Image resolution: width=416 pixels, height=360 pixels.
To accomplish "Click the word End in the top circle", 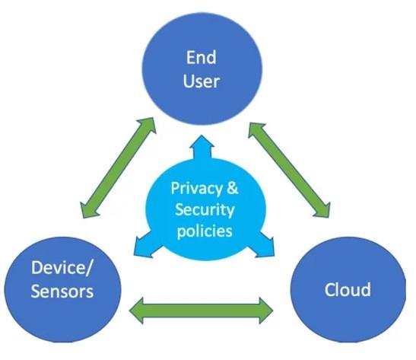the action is coord(201,57).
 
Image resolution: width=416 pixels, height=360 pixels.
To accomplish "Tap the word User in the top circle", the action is coord(201,81).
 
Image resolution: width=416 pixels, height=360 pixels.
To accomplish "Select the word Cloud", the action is coord(348,289).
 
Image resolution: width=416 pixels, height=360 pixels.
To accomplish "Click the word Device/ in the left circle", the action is coord(62,267).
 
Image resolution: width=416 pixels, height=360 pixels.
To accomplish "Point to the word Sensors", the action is coord(62,291).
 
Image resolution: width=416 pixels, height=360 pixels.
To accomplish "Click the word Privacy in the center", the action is coord(196,189).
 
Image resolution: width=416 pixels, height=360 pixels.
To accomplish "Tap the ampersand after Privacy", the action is coord(233,188).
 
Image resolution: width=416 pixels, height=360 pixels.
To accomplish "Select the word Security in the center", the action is coord(205,210).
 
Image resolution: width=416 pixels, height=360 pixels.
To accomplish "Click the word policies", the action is coord(205,231).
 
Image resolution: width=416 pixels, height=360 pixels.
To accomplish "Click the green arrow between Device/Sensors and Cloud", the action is coord(201,311).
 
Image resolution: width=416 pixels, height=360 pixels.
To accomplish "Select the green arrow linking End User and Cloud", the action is coord(290,170).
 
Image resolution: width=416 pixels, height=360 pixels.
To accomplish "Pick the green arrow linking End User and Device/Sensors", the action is coord(119,167).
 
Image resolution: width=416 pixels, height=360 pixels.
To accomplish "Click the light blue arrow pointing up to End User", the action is coord(202,148).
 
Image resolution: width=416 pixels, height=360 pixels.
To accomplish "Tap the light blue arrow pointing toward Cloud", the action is coord(262,245).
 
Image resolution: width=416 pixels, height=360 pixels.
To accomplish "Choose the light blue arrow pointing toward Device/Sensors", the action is coord(145,246).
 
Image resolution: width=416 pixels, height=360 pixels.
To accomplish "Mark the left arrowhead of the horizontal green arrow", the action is coord(137,311).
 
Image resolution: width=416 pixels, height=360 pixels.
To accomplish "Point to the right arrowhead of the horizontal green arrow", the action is coord(266,311).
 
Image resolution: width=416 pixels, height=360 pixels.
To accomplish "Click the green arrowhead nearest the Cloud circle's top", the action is coord(322,210).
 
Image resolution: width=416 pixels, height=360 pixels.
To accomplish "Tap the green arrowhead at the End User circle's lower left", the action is coord(148,126).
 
